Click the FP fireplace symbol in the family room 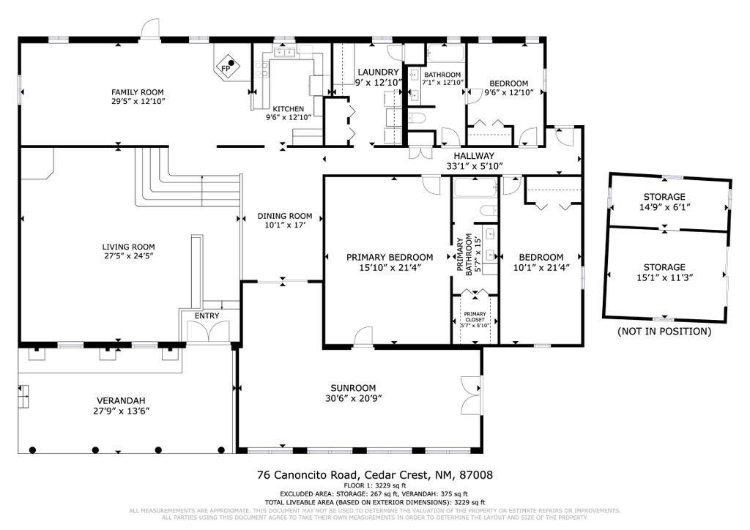click(x=228, y=67)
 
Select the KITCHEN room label click(x=288, y=108)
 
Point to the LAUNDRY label click(x=378, y=72)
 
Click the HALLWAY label click(x=474, y=156)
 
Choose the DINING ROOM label click(x=285, y=216)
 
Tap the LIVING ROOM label click(x=128, y=247)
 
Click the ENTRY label click(x=207, y=316)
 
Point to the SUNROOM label click(x=353, y=388)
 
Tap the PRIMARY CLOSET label click(x=475, y=316)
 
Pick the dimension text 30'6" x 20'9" click(x=353, y=398)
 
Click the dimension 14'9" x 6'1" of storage click(x=664, y=207)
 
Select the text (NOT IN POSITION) click(x=664, y=331)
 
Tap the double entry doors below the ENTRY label click(x=207, y=331)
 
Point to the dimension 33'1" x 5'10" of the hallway click(x=474, y=166)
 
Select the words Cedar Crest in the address click(x=393, y=474)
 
